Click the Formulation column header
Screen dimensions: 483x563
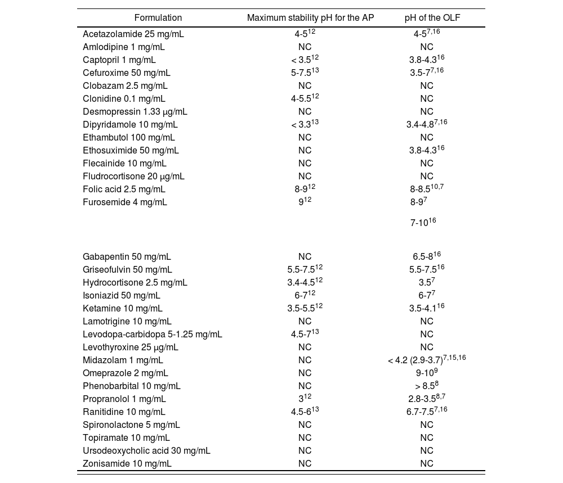point(158,18)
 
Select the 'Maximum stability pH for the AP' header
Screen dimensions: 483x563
point(310,18)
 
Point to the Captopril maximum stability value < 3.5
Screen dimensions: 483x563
point(305,60)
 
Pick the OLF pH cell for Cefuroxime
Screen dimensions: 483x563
point(427,73)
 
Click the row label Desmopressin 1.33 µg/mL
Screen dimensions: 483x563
point(135,112)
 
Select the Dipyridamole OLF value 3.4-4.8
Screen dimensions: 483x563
point(427,125)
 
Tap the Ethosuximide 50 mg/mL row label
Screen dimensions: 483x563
point(131,151)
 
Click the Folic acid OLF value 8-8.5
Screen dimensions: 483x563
point(427,189)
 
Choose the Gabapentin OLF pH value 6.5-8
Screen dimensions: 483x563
point(427,257)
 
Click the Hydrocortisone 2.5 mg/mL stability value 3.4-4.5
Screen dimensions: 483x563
point(305,283)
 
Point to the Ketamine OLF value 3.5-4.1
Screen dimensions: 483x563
point(427,309)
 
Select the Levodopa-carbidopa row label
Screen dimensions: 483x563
point(153,335)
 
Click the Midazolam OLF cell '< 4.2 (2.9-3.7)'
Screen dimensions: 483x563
point(427,360)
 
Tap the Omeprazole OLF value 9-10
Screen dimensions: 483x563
point(427,373)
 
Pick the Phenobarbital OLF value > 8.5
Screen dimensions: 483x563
point(427,386)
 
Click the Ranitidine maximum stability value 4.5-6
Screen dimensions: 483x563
point(305,412)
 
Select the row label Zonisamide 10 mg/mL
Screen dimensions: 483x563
point(127,464)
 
